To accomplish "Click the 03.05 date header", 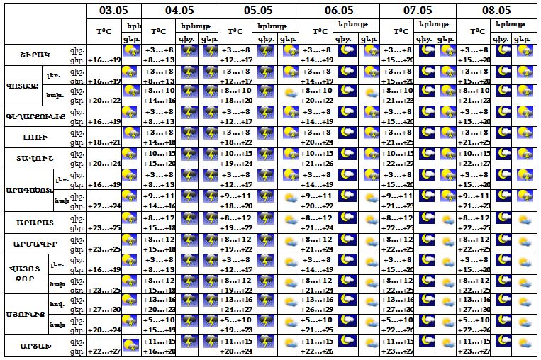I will pos(114,10).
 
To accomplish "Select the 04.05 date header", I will pos(179,10).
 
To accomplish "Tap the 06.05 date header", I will pos(339,10).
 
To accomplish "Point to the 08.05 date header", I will pos(496,10).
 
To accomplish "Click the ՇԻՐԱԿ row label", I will pos(35,55).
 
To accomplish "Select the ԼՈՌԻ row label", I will pos(35,137).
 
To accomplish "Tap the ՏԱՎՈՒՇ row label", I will pos(35,158).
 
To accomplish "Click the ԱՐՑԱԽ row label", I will pos(35,347).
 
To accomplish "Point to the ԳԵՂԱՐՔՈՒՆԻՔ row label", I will pos(35,116).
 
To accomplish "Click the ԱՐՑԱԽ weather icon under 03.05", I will pos(131,347).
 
